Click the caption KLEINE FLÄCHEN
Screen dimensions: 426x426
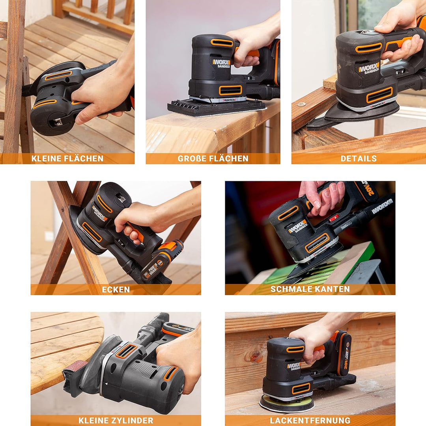(x=67, y=159)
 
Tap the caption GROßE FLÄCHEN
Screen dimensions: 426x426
(x=213, y=159)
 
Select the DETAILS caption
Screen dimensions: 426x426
(x=359, y=159)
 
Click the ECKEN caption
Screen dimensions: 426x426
(x=116, y=290)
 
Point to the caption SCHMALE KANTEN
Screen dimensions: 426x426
(x=310, y=289)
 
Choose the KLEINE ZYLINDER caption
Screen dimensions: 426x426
(x=116, y=420)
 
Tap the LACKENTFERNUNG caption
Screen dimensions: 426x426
(x=310, y=420)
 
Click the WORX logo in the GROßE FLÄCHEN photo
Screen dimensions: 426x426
(x=221, y=62)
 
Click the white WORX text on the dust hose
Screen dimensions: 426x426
(x=382, y=207)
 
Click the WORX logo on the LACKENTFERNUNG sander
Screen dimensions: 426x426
(x=294, y=366)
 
